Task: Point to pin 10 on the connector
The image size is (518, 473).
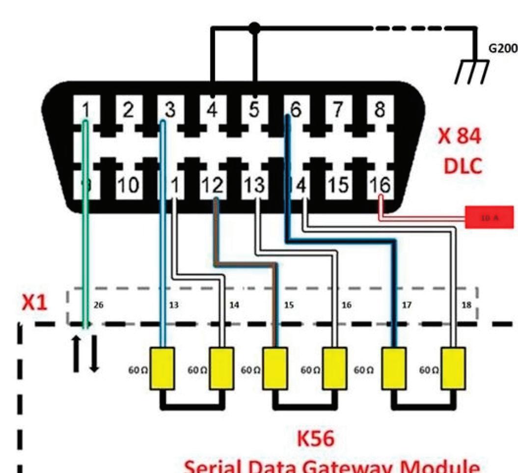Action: pyautogui.click(x=128, y=186)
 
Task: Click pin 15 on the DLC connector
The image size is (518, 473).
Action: pyautogui.click(x=337, y=186)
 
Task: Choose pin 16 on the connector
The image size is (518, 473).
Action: pyautogui.click(x=379, y=186)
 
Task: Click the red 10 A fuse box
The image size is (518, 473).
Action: pyautogui.click(x=489, y=217)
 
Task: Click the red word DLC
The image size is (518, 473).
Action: pyautogui.click(x=463, y=166)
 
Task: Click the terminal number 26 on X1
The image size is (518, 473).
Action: pyautogui.click(x=98, y=305)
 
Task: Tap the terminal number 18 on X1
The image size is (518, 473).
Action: pyautogui.click(x=466, y=305)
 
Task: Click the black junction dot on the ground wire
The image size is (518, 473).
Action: pyautogui.click(x=254, y=28)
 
